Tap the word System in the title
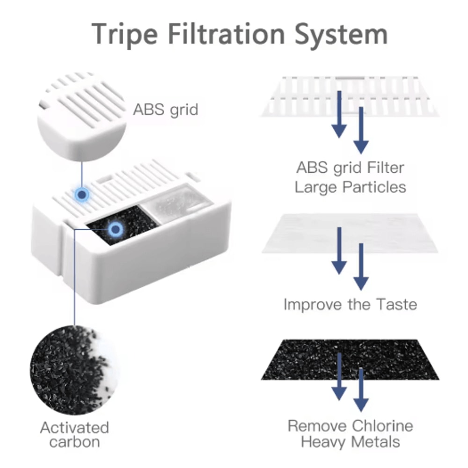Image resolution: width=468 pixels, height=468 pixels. pyautogui.click(x=341, y=34)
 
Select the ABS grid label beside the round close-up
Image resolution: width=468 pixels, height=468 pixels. pyautogui.click(x=166, y=110)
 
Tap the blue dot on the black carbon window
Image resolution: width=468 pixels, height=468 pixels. pyautogui.click(x=115, y=229)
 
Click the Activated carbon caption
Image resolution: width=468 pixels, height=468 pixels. pyautogui.click(x=74, y=434)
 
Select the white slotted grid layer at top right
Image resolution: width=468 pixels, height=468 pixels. pyautogui.click(x=350, y=96)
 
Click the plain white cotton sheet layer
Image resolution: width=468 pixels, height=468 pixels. pyautogui.click(x=350, y=233)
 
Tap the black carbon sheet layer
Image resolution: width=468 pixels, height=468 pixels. pyautogui.click(x=350, y=359)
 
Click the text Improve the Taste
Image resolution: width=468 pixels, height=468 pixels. pyautogui.click(x=350, y=305)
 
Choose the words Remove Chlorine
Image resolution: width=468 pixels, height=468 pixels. pyautogui.click(x=351, y=426)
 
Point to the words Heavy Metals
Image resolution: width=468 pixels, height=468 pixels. pyautogui.click(x=351, y=442)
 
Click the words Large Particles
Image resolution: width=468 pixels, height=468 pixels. pyautogui.click(x=351, y=188)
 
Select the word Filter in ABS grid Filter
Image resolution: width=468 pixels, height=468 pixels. pyautogui.click(x=386, y=168)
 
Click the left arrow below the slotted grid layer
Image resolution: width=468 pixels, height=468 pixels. pyautogui.click(x=339, y=115)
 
